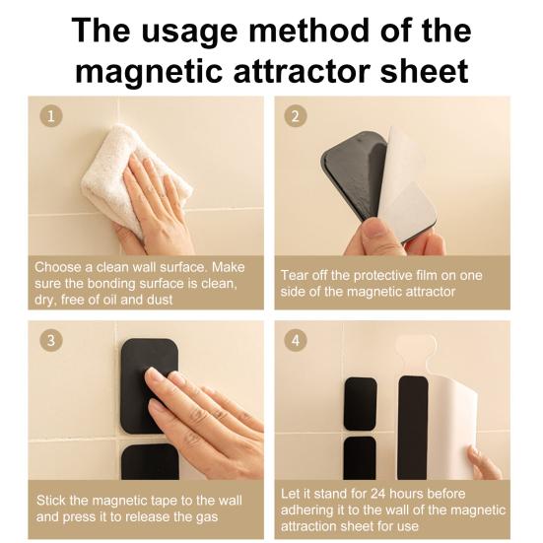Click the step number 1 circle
pyautogui.click(x=51, y=115)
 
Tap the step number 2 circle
pyautogui.click(x=296, y=115)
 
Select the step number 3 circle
pyautogui.click(x=51, y=340)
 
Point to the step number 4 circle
pyautogui.click(x=296, y=340)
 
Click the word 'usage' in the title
pyautogui.click(x=190, y=33)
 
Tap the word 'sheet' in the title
pyautogui.click(x=424, y=71)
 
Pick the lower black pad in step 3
pyautogui.click(x=151, y=461)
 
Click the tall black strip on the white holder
pyautogui.click(x=413, y=428)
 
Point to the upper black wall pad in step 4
pyautogui.click(x=360, y=404)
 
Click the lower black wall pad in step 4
pyautogui.click(x=360, y=458)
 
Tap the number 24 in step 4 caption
pyautogui.click(x=379, y=494)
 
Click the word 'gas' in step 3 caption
pyautogui.click(x=207, y=517)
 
